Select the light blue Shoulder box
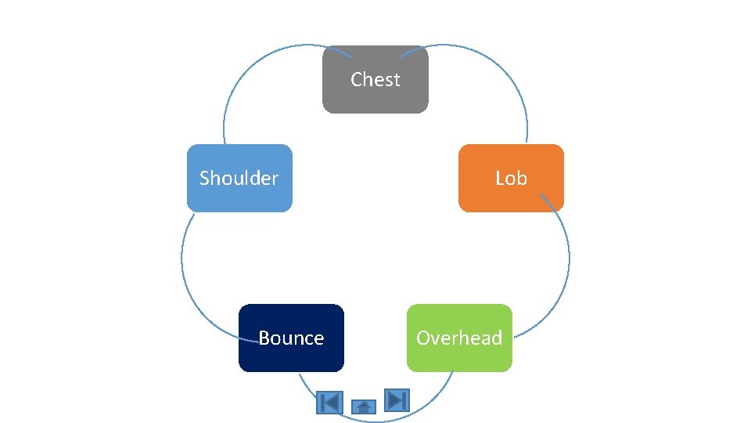click(x=239, y=196)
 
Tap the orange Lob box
click(x=510, y=196)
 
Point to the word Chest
click(x=375, y=79)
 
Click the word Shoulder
click(x=239, y=179)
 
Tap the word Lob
click(x=511, y=179)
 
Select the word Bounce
click(x=291, y=338)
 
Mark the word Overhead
click(x=459, y=338)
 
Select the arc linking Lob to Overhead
click(x=569, y=258)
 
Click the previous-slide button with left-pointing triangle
click(x=329, y=403)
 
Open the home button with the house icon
click(x=364, y=407)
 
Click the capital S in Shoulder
click(x=205, y=179)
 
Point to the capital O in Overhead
click(x=423, y=338)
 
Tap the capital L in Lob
click(x=500, y=179)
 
